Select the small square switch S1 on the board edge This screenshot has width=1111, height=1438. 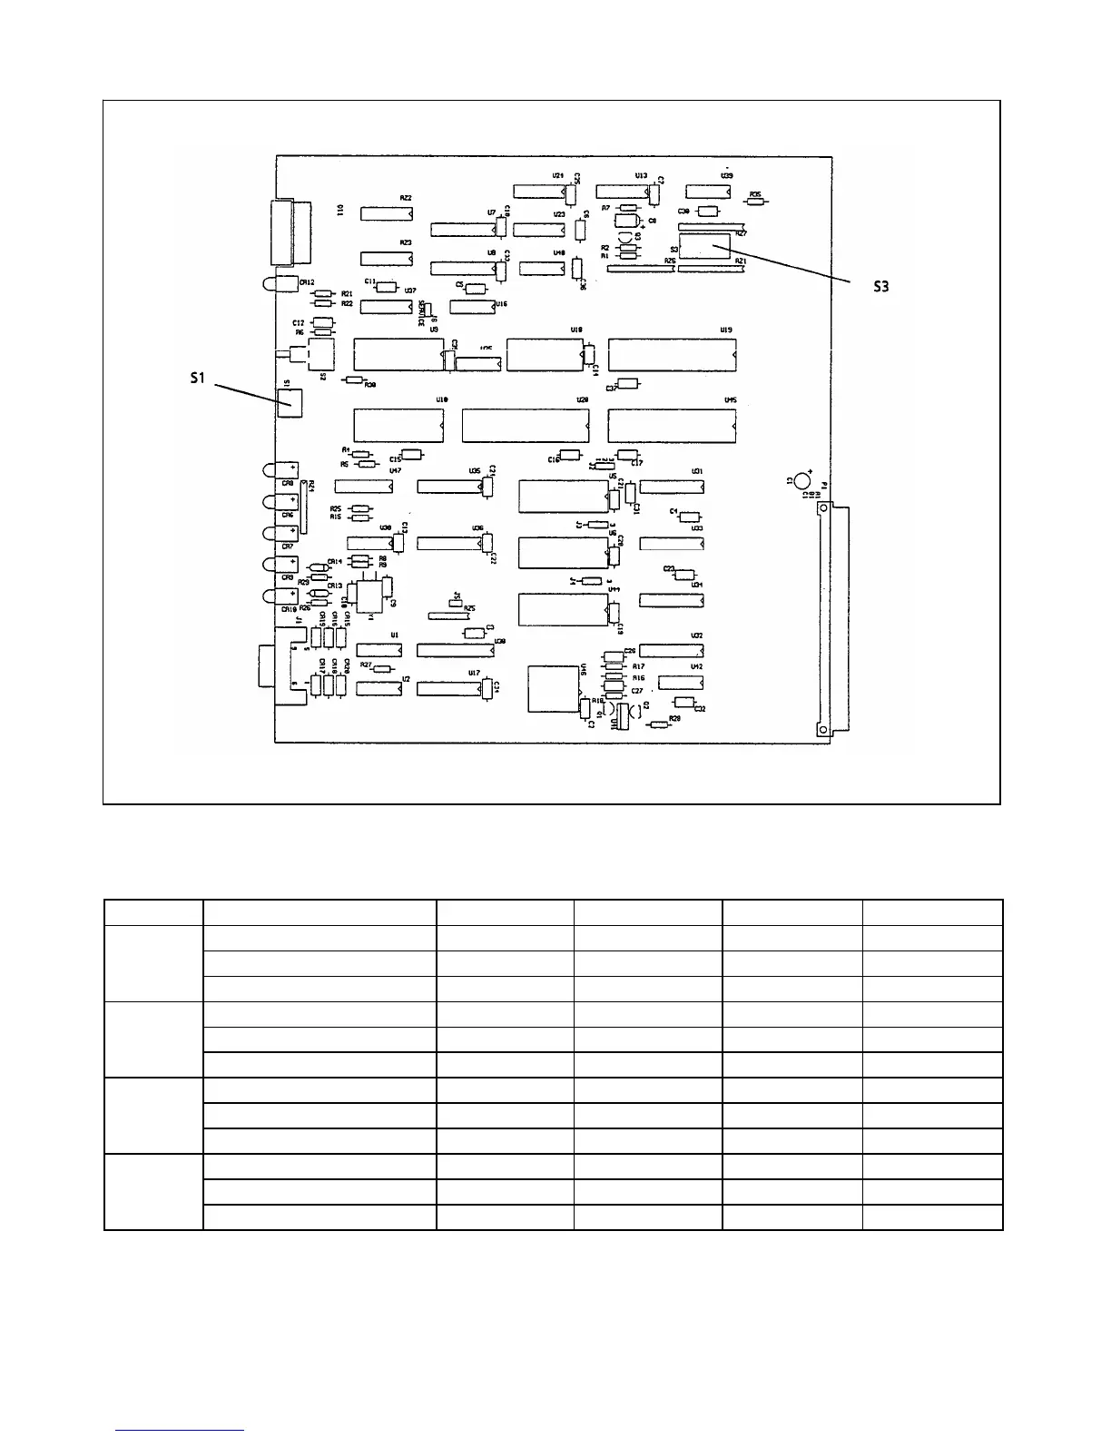coord(290,399)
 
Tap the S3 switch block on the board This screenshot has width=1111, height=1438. coord(704,246)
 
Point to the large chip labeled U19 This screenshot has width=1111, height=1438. coord(672,354)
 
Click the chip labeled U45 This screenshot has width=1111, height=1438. coord(672,427)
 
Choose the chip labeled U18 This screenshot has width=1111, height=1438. coord(545,354)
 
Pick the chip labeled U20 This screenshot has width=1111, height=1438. coord(526,427)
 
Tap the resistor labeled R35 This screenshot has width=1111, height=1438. coord(755,203)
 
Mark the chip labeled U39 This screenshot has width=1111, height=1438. coord(709,191)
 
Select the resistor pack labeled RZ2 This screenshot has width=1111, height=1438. coord(387,213)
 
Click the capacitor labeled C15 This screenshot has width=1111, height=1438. coord(412,455)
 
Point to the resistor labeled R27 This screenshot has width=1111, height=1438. coord(383,669)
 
